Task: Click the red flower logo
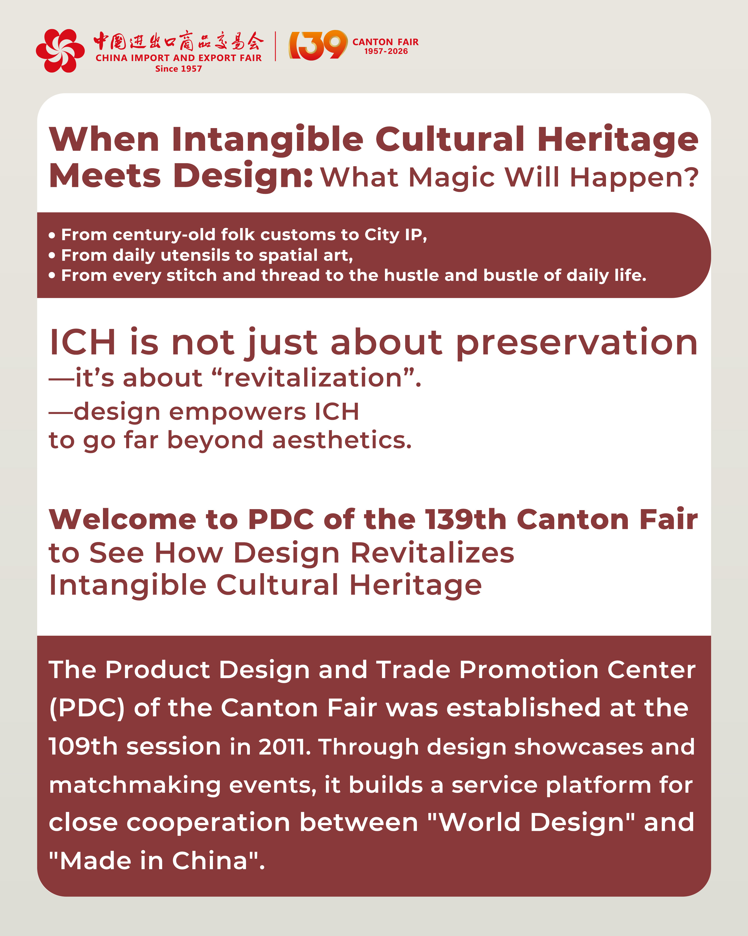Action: [60, 50]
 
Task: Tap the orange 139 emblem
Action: [318, 45]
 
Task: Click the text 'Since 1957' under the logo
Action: [179, 69]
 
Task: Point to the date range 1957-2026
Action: [386, 51]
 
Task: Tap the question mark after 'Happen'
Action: [690, 177]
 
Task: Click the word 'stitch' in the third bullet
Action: [191, 275]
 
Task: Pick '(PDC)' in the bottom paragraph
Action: [87, 708]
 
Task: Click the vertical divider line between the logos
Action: [276, 46]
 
